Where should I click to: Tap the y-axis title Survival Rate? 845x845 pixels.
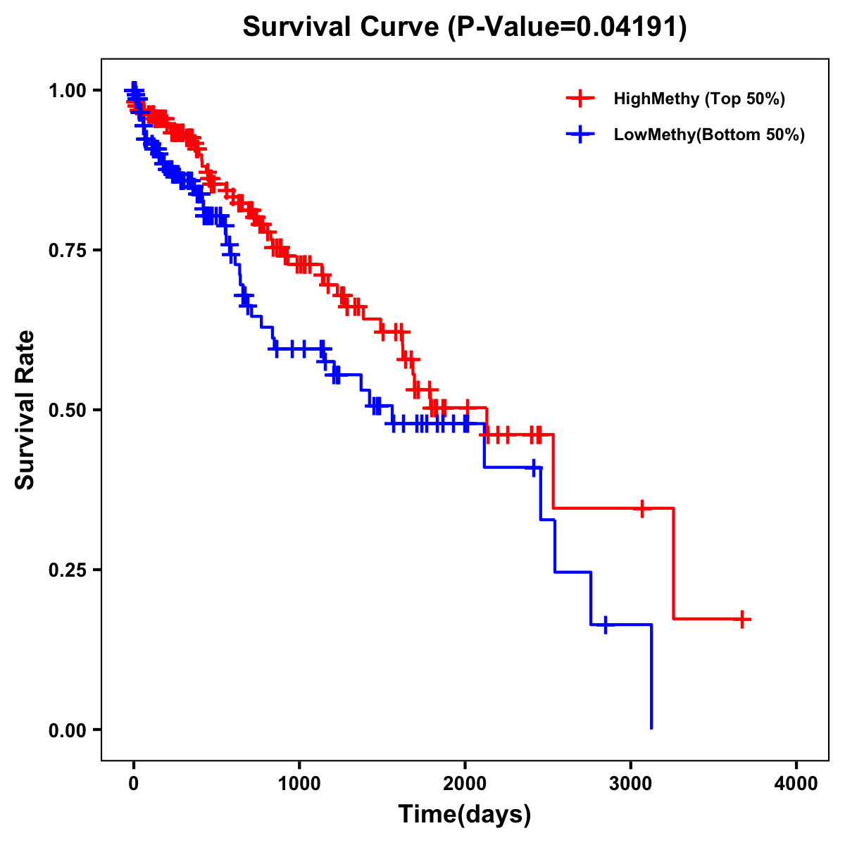click(25, 409)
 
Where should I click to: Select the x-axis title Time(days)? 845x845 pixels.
click(465, 815)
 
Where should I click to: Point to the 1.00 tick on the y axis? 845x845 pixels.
click(67, 91)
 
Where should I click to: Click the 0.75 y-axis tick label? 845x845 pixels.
click(67, 251)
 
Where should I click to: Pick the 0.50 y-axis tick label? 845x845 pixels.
click(67, 410)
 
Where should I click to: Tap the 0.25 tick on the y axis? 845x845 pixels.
click(67, 570)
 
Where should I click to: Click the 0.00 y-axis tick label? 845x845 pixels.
click(67, 730)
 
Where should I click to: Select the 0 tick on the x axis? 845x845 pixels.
click(134, 783)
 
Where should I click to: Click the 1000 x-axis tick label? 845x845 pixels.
click(299, 783)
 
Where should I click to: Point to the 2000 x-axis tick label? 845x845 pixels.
click(465, 783)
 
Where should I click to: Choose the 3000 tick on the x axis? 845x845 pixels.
click(630, 783)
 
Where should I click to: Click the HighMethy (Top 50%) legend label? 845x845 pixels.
click(699, 99)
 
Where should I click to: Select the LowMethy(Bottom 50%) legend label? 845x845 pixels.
click(709, 134)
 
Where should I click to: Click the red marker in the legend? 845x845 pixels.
click(580, 99)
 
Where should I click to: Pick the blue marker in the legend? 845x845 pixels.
click(580, 134)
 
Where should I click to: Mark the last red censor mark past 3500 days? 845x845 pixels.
click(742, 620)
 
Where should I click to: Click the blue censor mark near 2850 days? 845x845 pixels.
click(605, 625)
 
